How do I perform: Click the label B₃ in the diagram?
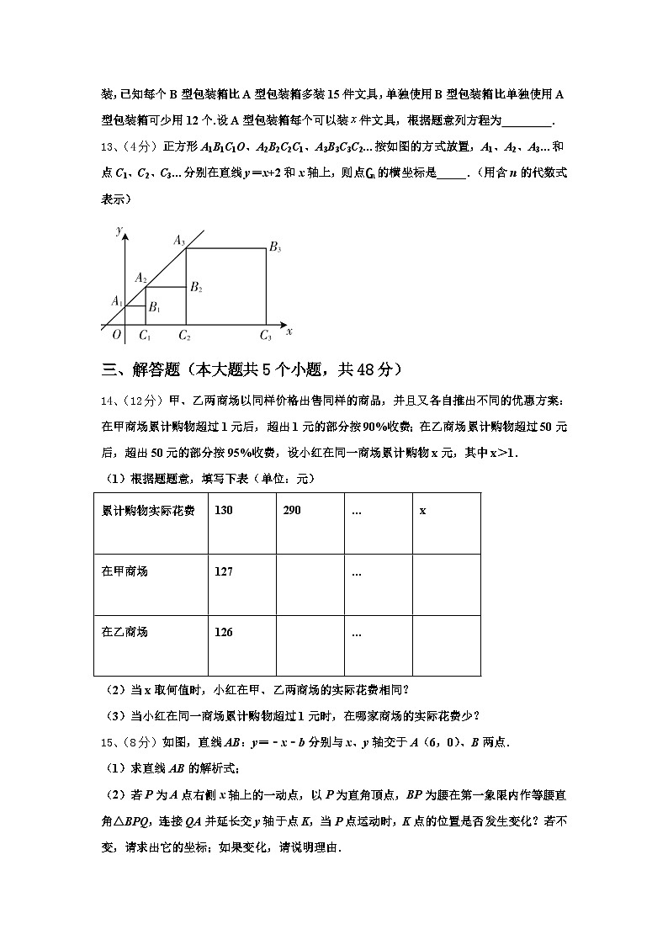click(275, 247)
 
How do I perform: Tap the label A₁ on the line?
click(117, 300)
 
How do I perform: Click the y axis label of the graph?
click(119, 230)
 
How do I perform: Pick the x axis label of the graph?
click(289, 332)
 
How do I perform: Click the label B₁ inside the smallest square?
click(154, 309)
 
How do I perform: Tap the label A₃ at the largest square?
click(179, 241)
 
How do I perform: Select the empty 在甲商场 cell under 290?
click(310, 586)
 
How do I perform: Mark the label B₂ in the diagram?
click(196, 288)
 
